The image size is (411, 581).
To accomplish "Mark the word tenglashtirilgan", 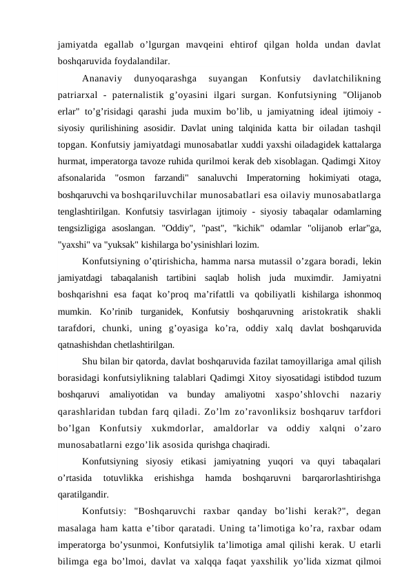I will coord(90,202).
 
